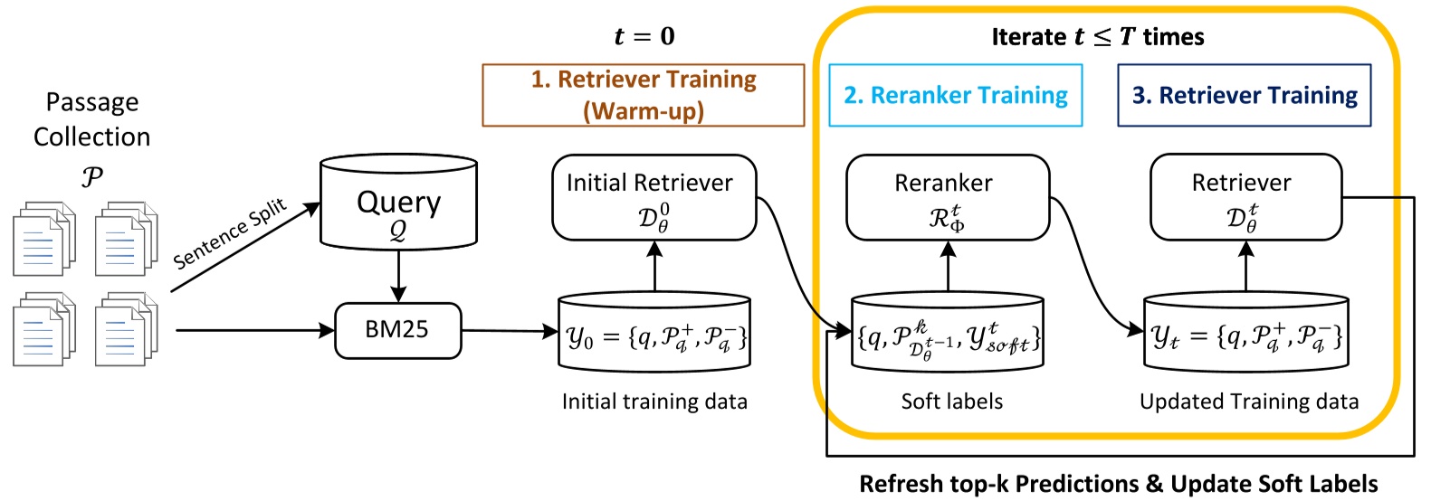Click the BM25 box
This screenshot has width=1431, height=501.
tap(397, 330)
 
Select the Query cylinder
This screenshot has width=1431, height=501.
tap(398, 203)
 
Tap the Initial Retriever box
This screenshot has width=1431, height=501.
tap(653, 197)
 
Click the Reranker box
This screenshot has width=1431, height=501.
tap(947, 197)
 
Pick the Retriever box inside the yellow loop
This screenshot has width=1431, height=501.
tap(1245, 197)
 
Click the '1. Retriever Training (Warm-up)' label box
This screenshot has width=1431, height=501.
tap(643, 95)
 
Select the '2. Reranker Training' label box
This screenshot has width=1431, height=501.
tap(955, 95)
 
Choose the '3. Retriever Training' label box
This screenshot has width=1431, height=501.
tap(1244, 95)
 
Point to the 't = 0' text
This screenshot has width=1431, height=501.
tap(644, 36)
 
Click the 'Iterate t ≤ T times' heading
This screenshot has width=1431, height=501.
tap(1097, 36)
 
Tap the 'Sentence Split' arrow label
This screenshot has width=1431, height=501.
tap(230, 233)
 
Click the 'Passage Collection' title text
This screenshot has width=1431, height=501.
tap(91, 119)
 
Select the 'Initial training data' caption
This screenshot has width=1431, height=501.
tap(654, 402)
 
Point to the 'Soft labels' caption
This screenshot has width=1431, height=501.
tap(951, 402)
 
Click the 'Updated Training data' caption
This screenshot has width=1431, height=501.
tap(1248, 402)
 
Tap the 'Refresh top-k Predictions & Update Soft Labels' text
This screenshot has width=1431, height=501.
tap(1118, 484)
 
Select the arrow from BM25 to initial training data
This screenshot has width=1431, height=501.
tap(510, 331)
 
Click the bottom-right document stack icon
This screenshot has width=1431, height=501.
tap(126, 329)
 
